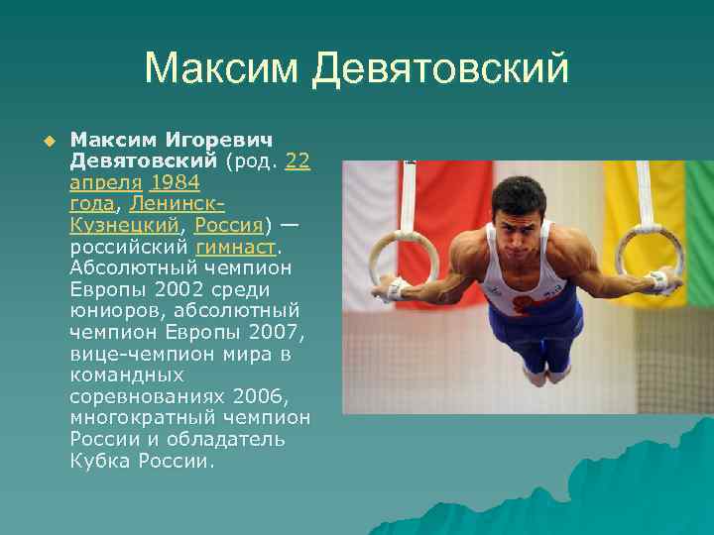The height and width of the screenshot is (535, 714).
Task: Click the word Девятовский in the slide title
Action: coord(440,69)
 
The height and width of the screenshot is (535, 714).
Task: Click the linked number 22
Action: coord(297,160)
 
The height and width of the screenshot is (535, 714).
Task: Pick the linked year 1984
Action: coord(175,182)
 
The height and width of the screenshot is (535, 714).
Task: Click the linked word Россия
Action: coord(228,225)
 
